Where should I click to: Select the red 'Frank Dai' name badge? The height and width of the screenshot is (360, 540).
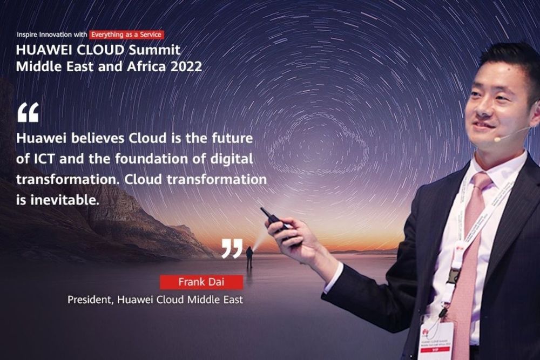pyautogui.click(x=201, y=282)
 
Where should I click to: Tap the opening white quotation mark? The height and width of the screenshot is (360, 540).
pyautogui.click(x=28, y=112)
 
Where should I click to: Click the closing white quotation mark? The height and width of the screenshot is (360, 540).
pyautogui.click(x=232, y=248)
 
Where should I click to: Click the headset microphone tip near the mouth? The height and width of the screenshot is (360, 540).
pyautogui.click(x=497, y=139)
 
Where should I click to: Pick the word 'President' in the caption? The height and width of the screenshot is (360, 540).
pyautogui.click(x=88, y=299)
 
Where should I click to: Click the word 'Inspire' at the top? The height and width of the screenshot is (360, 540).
pyautogui.click(x=28, y=35)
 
